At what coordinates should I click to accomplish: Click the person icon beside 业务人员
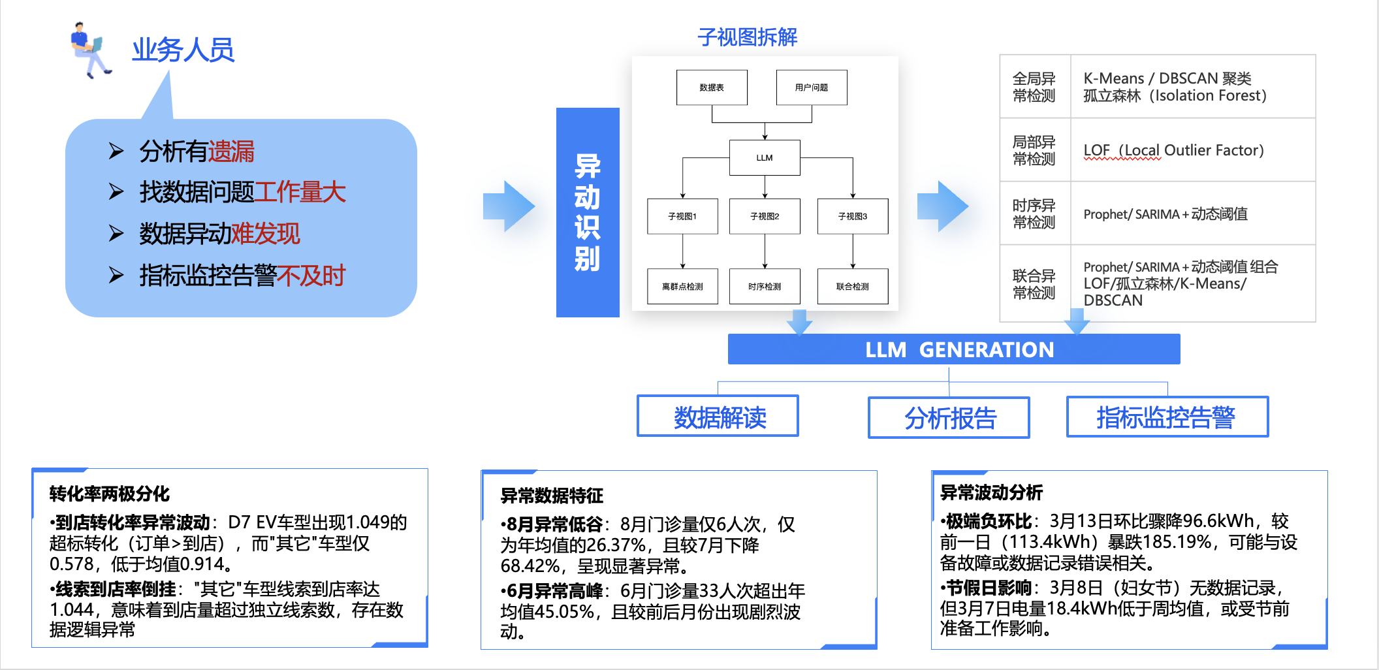coord(90,50)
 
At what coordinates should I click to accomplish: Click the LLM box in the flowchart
coord(765,158)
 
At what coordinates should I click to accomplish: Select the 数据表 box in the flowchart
coord(712,88)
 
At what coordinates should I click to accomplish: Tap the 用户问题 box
coord(812,88)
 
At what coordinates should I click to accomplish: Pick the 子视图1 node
coord(682,216)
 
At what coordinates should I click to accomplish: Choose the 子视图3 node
coord(853,216)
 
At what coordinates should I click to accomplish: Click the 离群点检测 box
coord(682,287)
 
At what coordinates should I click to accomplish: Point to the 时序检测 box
coord(765,287)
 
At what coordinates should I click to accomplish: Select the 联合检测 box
coord(853,287)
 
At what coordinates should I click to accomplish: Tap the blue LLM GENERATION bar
coord(954,349)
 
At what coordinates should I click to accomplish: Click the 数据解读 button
coord(718,416)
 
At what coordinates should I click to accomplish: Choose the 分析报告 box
coord(949,418)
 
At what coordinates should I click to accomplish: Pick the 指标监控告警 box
coord(1167,417)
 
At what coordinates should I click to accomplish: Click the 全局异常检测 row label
coord(1034,87)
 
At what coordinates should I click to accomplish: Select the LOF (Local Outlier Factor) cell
coord(1174,150)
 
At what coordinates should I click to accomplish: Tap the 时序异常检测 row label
coord(1034,214)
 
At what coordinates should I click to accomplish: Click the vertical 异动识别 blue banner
coord(588,212)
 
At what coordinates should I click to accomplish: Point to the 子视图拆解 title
coord(748,37)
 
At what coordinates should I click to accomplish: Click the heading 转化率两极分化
coord(110,494)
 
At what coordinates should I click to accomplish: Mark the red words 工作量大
coord(300,192)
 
